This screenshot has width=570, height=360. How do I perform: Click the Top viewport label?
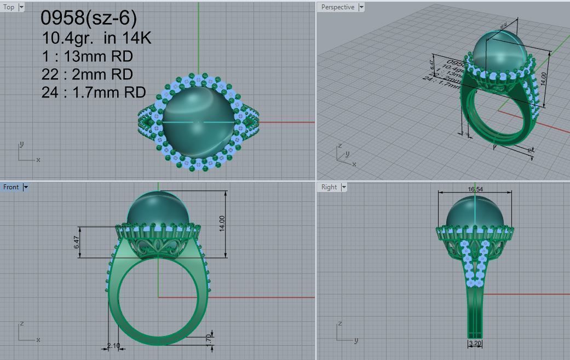point(9,7)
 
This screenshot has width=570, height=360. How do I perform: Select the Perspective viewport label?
point(337,7)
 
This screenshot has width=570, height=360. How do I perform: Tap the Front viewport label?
point(11,187)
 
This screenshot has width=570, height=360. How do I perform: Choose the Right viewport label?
point(329,187)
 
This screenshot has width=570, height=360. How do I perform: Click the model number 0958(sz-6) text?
point(89,18)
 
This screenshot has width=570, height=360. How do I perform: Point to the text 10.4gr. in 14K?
point(96,38)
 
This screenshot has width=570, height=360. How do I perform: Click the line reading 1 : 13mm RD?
point(87,56)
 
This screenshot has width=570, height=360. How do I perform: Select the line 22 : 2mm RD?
point(87,74)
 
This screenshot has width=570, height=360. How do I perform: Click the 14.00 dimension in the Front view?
point(222,223)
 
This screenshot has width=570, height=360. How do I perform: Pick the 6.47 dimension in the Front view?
point(77,242)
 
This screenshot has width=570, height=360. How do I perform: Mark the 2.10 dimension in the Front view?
point(113,346)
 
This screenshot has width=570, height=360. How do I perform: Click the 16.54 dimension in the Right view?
point(475,189)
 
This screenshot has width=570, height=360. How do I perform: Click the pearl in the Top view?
point(197,120)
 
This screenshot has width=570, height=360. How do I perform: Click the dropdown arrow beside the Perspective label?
point(361,7)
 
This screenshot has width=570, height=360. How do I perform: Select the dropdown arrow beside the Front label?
point(26,187)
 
